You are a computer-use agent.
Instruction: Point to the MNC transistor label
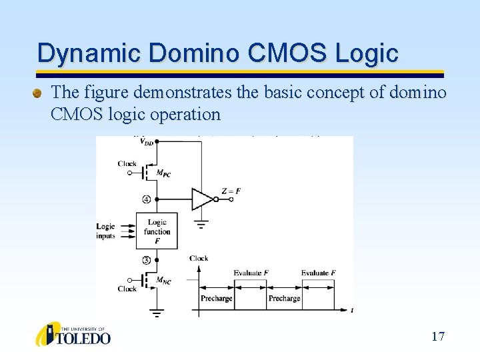(x=163, y=281)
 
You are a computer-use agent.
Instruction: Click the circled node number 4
(x=145, y=199)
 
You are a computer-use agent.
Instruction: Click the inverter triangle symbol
(x=201, y=199)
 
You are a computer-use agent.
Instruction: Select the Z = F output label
(x=230, y=191)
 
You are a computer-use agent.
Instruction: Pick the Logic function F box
(x=157, y=231)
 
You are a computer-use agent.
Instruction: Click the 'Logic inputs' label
(x=106, y=231)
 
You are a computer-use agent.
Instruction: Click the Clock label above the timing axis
(x=198, y=258)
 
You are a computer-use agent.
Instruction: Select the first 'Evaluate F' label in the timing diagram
(x=251, y=273)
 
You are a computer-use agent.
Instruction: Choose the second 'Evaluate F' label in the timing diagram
(x=318, y=273)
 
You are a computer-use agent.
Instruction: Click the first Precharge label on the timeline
(x=217, y=298)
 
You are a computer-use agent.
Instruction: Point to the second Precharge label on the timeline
(x=285, y=298)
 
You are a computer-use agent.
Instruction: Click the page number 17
(x=437, y=336)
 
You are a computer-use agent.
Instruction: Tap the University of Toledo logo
(x=73, y=335)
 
